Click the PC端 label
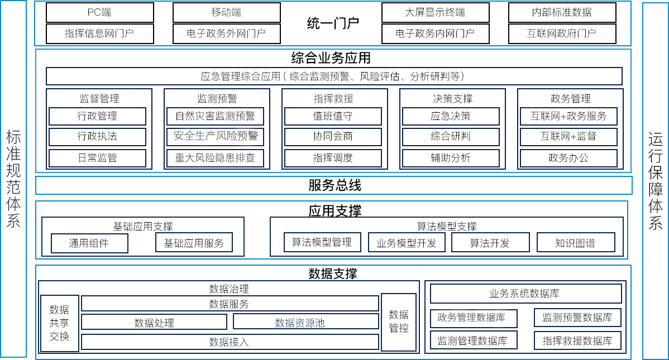click(x=99, y=12)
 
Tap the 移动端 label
click(x=226, y=12)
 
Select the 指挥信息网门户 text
click(x=99, y=33)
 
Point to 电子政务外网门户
click(x=226, y=33)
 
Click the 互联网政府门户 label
click(x=561, y=33)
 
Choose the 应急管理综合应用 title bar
click(x=334, y=76)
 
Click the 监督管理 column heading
click(x=99, y=99)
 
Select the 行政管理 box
click(x=97, y=116)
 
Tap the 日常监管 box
click(x=97, y=158)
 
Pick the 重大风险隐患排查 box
click(x=215, y=158)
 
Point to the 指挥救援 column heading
click(x=333, y=99)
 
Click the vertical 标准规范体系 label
click(x=13, y=179)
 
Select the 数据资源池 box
click(x=305, y=322)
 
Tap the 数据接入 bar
click(x=230, y=342)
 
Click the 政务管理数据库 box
click(x=474, y=318)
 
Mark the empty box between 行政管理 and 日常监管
click(x=97, y=137)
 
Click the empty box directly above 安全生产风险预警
click(x=215, y=116)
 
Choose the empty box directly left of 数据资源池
click(x=154, y=321)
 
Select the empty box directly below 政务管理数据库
click(x=474, y=340)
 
